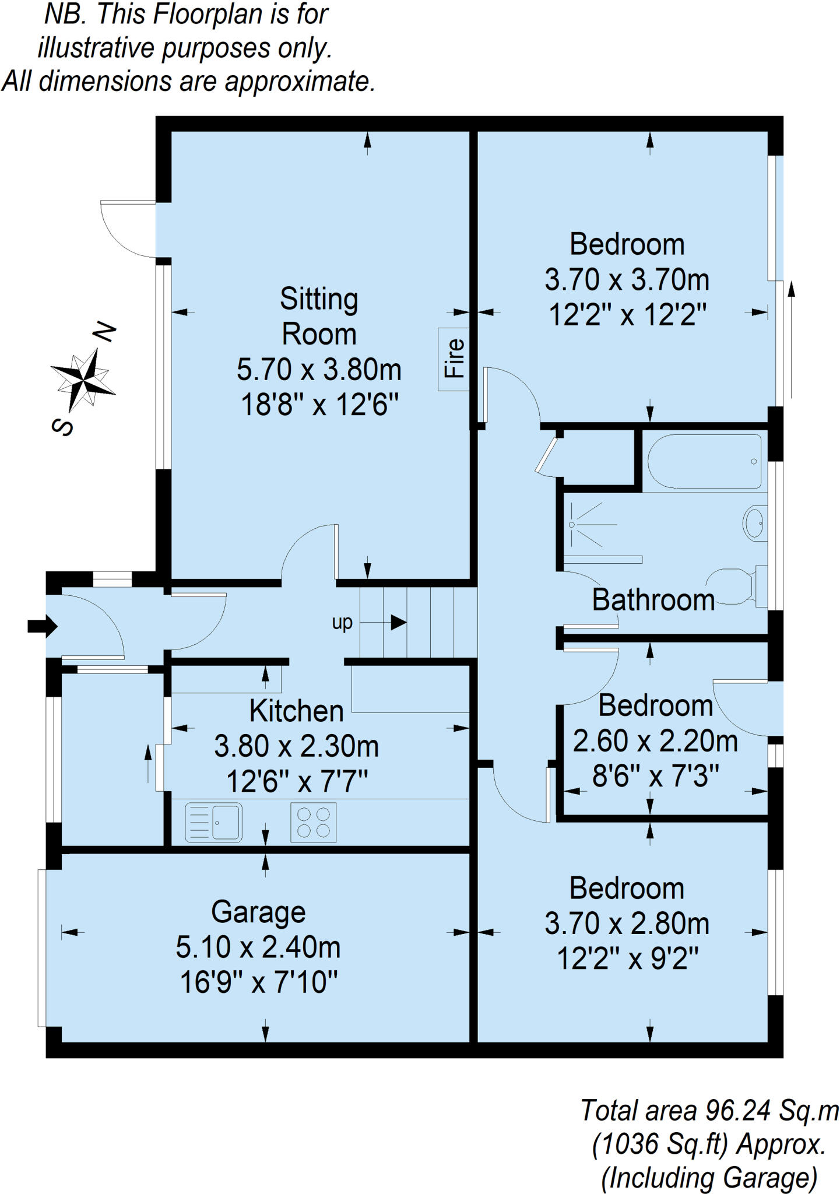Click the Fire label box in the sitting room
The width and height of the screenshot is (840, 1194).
point(454,359)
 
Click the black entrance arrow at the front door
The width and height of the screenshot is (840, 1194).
point(43,627)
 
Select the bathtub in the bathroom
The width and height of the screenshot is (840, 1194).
point(705,461)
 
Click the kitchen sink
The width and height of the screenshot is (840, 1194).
point(213,823)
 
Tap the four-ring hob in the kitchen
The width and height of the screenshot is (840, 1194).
point(314,823)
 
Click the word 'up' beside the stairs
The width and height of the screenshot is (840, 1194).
point(342,623)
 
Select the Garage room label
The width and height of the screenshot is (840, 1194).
point(258,912)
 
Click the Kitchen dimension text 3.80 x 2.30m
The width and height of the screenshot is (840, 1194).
point(296,747)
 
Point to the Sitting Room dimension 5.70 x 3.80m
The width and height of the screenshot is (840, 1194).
point(319,370)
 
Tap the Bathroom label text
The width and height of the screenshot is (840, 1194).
point(653,600)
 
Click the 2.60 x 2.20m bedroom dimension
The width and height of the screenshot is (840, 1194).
point(655,742)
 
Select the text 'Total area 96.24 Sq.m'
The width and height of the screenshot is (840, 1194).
point(709,1111)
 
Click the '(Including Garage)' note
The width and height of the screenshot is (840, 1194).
point(709,1178)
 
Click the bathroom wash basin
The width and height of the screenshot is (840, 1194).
point(755,523)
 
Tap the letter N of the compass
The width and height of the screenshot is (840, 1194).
point(105,333)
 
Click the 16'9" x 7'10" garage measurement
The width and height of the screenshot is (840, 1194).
point(258,983)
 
